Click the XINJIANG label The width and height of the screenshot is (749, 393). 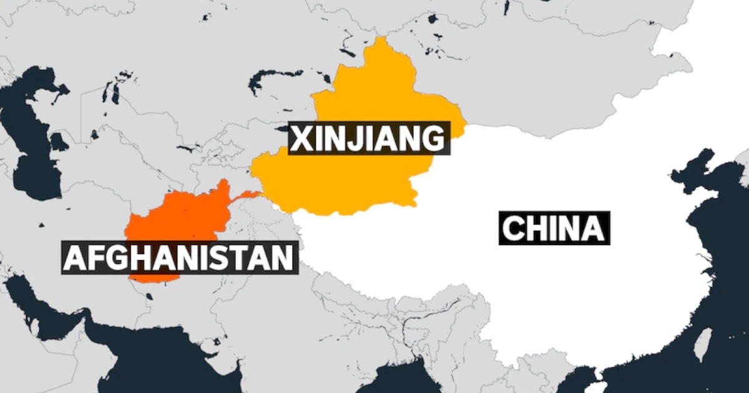369,139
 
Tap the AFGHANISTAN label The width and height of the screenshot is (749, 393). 178,258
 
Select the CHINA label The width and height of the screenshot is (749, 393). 554,228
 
